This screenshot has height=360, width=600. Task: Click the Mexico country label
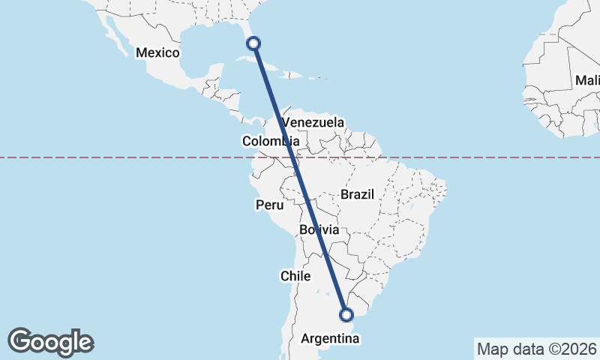pyautogui.click(x=157, y=52)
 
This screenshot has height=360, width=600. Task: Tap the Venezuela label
pyautogui.click(x=313, y=122)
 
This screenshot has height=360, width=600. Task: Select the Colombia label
pyautogui.click(x=270, y=141)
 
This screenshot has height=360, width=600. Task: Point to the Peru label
pyautogui.click(x=269, y=205)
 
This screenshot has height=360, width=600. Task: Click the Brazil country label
pyautogui.click(x=357, y=194)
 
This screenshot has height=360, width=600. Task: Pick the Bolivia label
pyautogui.click(x=319, y=229)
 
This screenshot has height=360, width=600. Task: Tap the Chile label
pyautogui.click(x=295, y=276)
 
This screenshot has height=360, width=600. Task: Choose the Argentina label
pyautogui.click(x=330, y=339)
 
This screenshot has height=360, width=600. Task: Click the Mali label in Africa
pyautogui.click(x=586, y=80)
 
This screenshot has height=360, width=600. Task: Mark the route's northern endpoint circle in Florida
pyautogui.click(x=254, y=43)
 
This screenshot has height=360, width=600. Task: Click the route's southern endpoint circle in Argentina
pyautogui.click(x=346, y=315)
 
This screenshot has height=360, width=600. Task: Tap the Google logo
pyautogui.click(x=50, y=342)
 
